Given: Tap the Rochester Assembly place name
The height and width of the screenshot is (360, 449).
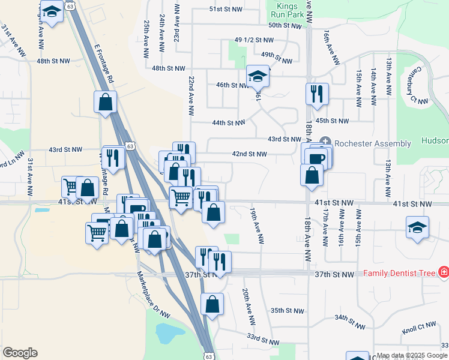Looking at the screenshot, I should (x=373, y=143).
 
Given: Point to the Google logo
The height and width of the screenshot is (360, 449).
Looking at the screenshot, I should (x=20, y=353).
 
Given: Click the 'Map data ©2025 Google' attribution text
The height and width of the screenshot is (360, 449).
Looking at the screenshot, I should (x=412, y=356).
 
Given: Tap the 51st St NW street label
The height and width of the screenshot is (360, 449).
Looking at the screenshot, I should (x=226, y=10).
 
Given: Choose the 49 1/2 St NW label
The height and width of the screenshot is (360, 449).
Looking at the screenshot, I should (x=253, y=40).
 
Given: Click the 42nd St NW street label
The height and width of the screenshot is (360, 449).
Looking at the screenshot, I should (x=250, y=154).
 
